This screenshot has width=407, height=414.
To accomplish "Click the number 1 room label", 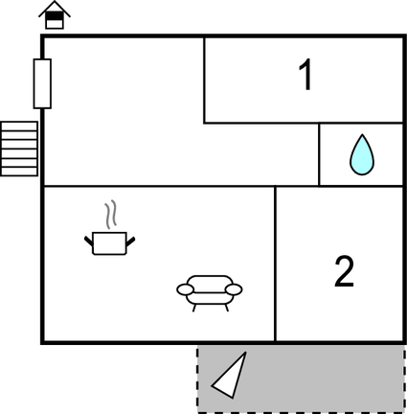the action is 305,75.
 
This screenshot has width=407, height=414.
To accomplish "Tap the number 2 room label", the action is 344,271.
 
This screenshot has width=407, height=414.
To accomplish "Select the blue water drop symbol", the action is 362,155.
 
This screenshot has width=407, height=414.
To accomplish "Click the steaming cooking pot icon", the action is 109,229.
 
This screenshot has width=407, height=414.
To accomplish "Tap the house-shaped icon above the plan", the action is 55,15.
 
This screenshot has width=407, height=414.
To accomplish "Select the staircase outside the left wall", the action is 19,149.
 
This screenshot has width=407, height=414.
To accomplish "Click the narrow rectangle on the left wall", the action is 42,83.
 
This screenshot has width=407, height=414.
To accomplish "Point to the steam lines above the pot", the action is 110,215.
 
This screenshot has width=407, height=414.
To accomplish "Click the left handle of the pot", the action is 88,241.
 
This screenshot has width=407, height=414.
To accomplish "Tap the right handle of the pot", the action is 131,241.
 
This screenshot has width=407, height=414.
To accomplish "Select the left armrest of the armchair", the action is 185,289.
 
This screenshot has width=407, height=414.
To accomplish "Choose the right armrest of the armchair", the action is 234,289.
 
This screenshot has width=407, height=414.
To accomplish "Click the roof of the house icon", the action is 55,9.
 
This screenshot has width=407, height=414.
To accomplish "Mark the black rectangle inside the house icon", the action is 55,15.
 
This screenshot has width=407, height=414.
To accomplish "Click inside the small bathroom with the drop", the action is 361,154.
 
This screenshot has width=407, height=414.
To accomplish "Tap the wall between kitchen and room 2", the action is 275,264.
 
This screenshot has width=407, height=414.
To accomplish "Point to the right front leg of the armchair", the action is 227,308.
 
